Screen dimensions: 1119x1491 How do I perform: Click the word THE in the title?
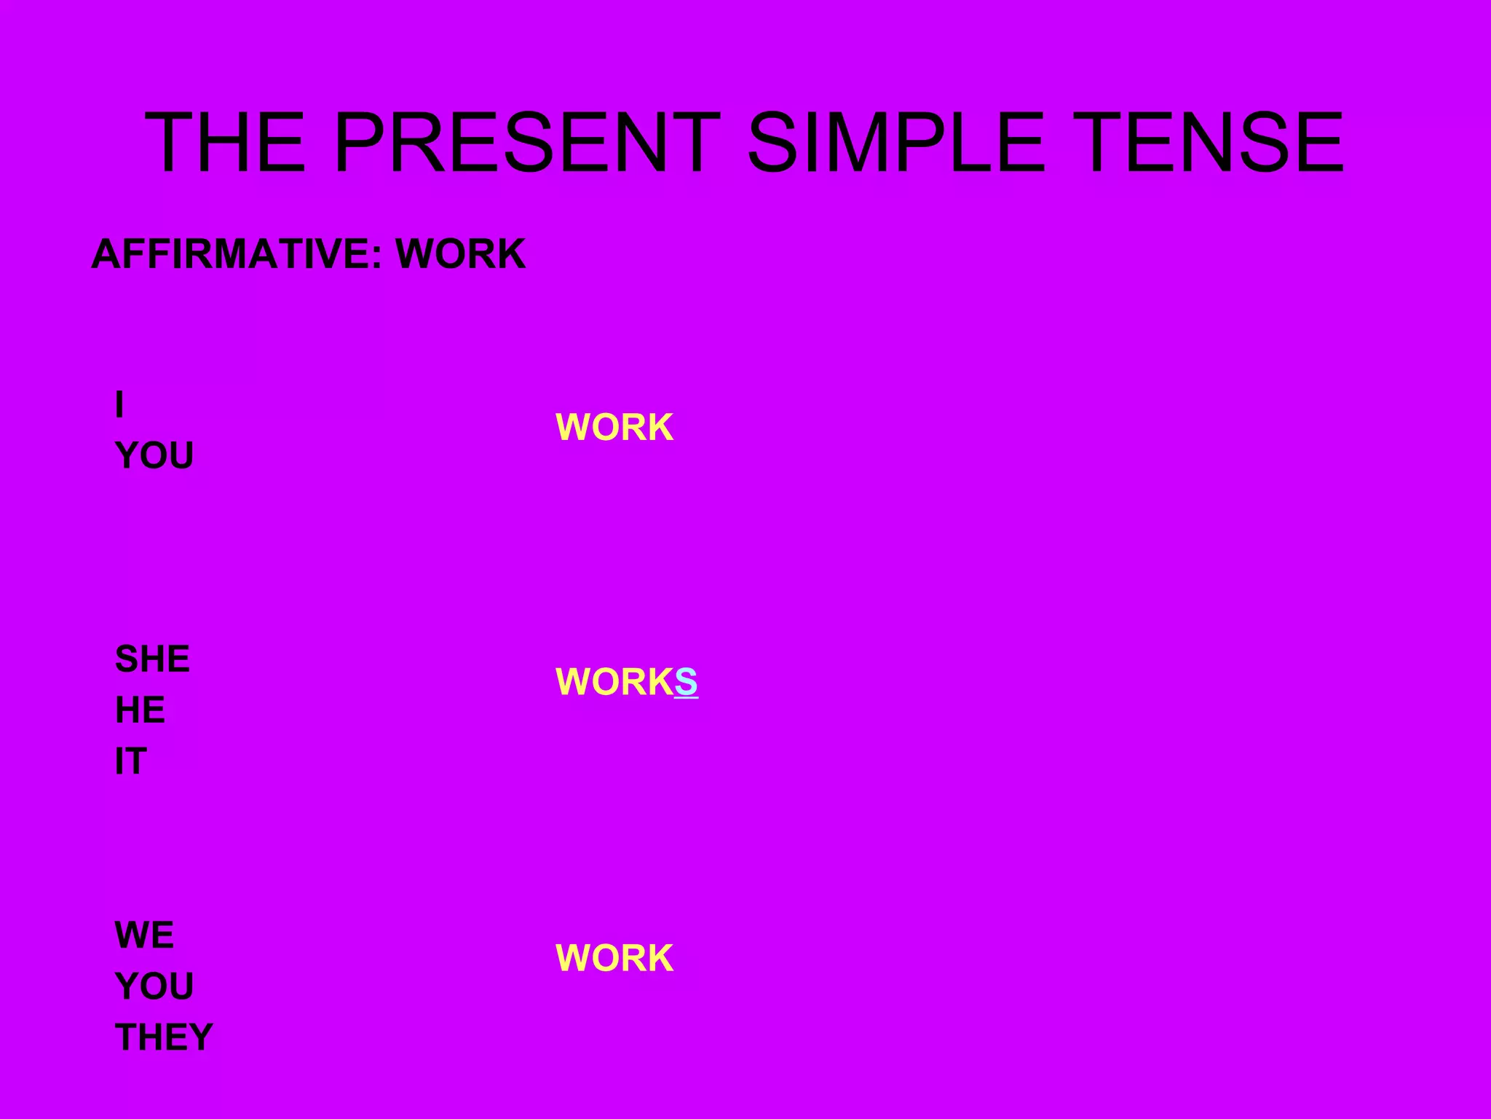[x=225, y=143]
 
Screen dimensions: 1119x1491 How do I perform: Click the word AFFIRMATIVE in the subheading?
[x=231, y=254]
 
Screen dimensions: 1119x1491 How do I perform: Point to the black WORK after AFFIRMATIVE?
[x=460, y=254]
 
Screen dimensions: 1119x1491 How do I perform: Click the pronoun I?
[x=119, y=404]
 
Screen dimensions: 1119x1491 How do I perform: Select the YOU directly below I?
[x=154, y=456]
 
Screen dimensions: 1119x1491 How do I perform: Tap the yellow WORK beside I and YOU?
[x=614, y=427]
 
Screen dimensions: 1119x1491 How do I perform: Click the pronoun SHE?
[x=152, y=659]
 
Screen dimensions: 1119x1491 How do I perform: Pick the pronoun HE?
[x=140, y=710]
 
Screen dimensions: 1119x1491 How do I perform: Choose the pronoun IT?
[x=131, y=761]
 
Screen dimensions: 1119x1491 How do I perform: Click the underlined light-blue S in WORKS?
[x=686, y=682]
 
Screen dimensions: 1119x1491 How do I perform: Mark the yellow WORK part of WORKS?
[x=614, y=682]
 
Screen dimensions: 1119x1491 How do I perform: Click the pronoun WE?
[x=144, y=935]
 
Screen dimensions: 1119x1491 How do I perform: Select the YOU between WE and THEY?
[x=154, y=986]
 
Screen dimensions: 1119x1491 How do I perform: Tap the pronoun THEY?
[x=164, y=1037]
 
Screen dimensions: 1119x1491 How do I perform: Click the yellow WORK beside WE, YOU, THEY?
[x=614, y=958]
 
